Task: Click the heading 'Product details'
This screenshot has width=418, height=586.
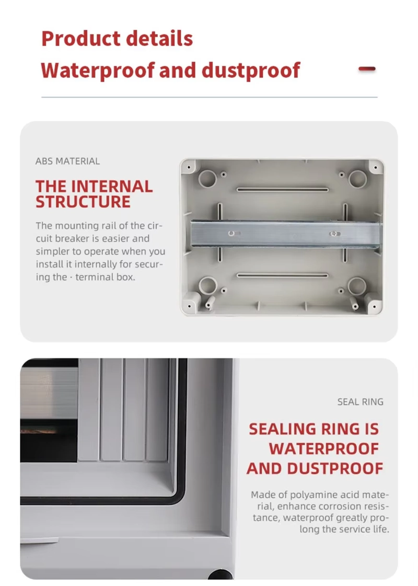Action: [117, 39]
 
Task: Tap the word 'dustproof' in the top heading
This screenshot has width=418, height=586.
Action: [251, 70]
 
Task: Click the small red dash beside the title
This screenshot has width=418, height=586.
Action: [367, 68]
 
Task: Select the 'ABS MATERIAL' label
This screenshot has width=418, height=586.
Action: [67, 161]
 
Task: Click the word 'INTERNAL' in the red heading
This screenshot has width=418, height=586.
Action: [112, 187]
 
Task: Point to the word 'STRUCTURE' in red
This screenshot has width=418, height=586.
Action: [83, 202]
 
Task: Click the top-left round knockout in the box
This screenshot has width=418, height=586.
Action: [207, 178]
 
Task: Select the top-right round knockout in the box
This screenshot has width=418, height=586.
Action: [358, 178]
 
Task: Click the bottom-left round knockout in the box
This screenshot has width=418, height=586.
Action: [207, 285]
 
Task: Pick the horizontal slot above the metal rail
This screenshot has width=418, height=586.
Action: [283, 189]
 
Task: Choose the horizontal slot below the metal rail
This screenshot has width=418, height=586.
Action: [283, 275]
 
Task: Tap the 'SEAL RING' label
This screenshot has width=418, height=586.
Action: [360, 401]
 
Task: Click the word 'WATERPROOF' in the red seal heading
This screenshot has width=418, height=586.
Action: [324, 449]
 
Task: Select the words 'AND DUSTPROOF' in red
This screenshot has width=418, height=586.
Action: [315, 468]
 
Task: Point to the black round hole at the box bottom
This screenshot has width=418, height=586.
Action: [220, 575]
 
